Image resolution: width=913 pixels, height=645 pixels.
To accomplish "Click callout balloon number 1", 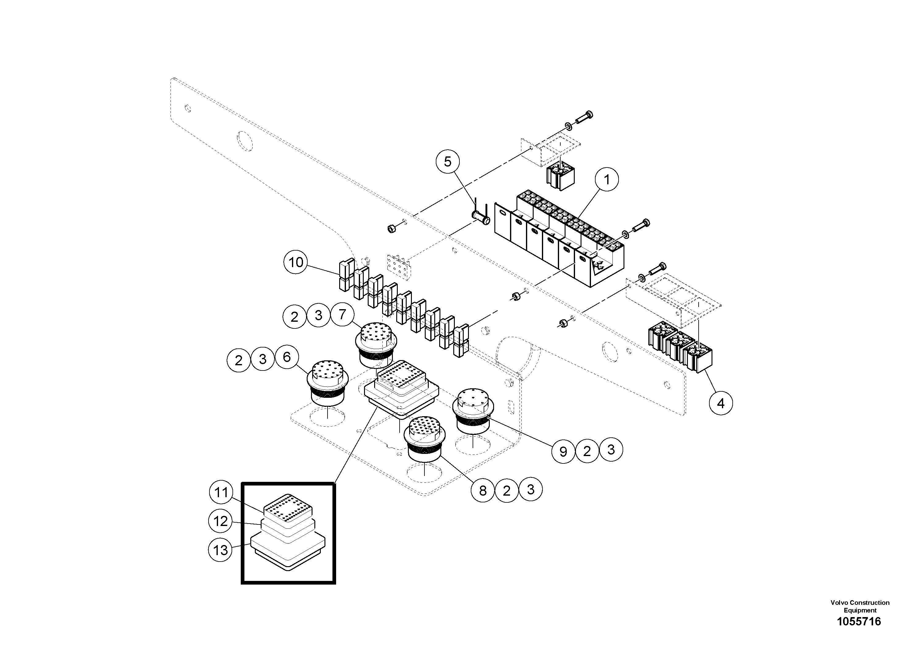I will [607, 180].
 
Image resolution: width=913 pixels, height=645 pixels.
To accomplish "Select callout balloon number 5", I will [448, 162].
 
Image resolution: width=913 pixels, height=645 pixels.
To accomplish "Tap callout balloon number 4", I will [720, 404].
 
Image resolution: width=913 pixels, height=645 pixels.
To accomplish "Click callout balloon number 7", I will [342, 315].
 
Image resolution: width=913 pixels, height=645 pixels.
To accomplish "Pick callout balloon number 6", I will [287, 358].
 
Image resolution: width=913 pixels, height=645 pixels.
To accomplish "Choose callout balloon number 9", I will [563, 451].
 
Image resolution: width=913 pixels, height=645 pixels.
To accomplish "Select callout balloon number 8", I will [483, 491].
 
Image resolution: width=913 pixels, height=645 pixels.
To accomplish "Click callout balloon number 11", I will [221, 493].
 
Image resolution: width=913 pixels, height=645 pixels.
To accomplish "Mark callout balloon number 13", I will [220, 550].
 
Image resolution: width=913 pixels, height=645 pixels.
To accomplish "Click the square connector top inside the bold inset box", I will [288, 511].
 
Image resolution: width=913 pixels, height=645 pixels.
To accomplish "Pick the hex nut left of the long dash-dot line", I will [392, 229].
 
